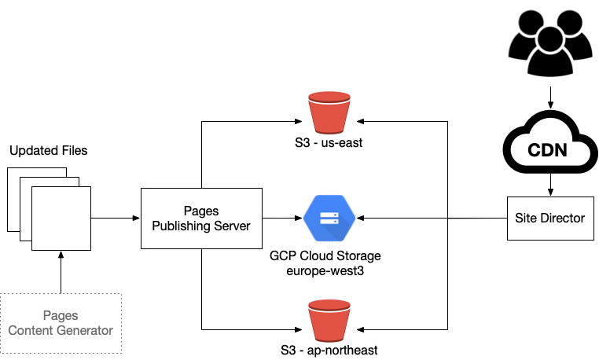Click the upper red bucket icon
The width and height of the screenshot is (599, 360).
329,115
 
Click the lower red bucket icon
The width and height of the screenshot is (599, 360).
329,322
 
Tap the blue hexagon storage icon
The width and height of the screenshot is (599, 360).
329,218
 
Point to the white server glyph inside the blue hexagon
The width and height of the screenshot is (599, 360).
329,218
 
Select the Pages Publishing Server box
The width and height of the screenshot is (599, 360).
201,219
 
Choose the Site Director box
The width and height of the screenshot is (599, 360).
549,218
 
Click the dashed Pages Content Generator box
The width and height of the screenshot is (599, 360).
61,323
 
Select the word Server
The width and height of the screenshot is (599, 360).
232,226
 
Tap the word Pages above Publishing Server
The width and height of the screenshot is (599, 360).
201,211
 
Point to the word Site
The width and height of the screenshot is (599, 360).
526,218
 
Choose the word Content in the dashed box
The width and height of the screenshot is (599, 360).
32,330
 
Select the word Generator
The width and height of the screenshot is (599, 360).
86,330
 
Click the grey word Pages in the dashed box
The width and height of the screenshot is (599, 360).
61,316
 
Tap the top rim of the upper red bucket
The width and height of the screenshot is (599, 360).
329,97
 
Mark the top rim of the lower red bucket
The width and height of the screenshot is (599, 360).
329,305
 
